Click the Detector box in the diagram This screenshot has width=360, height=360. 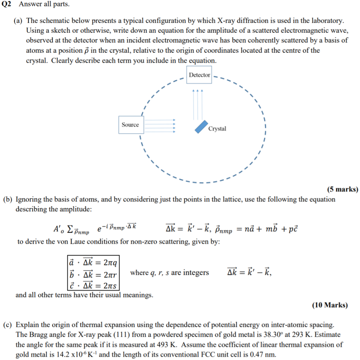(199, 75)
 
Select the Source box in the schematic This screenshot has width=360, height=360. (130, 125)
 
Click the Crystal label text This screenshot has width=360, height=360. (217, 129)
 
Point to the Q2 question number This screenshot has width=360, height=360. (7, 5)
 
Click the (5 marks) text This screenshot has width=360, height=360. (342, 189)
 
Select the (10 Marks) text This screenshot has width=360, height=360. (330, 305)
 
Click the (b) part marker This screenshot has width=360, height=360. (8, 200)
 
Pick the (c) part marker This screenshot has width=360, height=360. (8, 324)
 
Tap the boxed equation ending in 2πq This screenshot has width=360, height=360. (94, 263)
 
